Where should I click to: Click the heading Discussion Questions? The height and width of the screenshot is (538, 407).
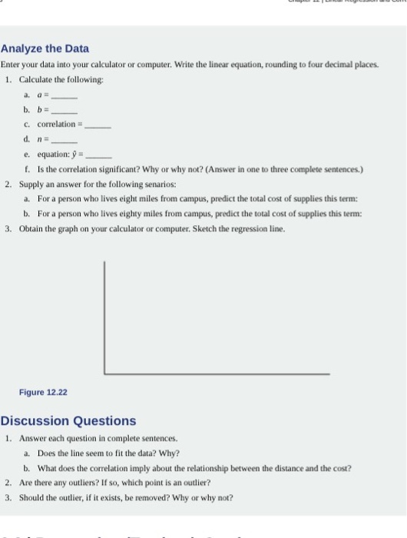(68, 420)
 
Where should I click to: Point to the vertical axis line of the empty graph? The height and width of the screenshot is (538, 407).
(104, 316)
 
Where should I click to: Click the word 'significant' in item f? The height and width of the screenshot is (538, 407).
(108, 169)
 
